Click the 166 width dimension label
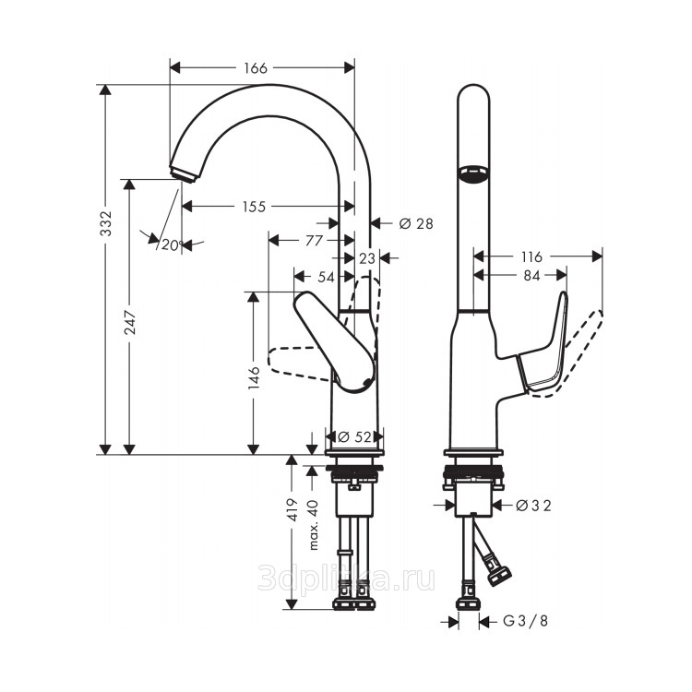pyautogui.click(x=256, y=68)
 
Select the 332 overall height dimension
pyautogui.click(x=106, y=223)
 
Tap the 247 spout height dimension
pyautogui.click(x=131, y=322)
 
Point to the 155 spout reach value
pyautogui.click(x=255, y=206)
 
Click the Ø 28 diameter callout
pyautogui.click(x=416, y=224)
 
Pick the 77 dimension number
pyautogui.click(x=315, y=241)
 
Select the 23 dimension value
pyautogui.click(x=366, y=258)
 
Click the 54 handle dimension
pyautogui.click(x=326, y=277)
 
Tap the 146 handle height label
pyautogui.click(x=254, y=376)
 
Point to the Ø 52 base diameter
pyautogui.click(x=354, y=437)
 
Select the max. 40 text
pyautogui.click(x=314, y=525)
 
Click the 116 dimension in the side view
pyautogui.click(x=531, y=257)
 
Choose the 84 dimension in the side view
pyautogui.click(x=531, y=275)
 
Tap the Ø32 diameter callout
pyautogui.click(x=533, y=506)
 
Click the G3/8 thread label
pyautogui.click(x=525, y=621)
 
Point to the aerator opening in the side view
pyautogui.click(x=473, y=173)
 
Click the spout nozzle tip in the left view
pyautogui.click(x=184, y=173)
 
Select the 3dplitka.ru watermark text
pyautogui.click(x=346, y=579)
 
